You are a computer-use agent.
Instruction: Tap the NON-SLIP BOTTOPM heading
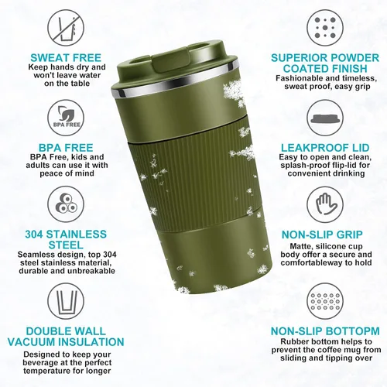(324, 332)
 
